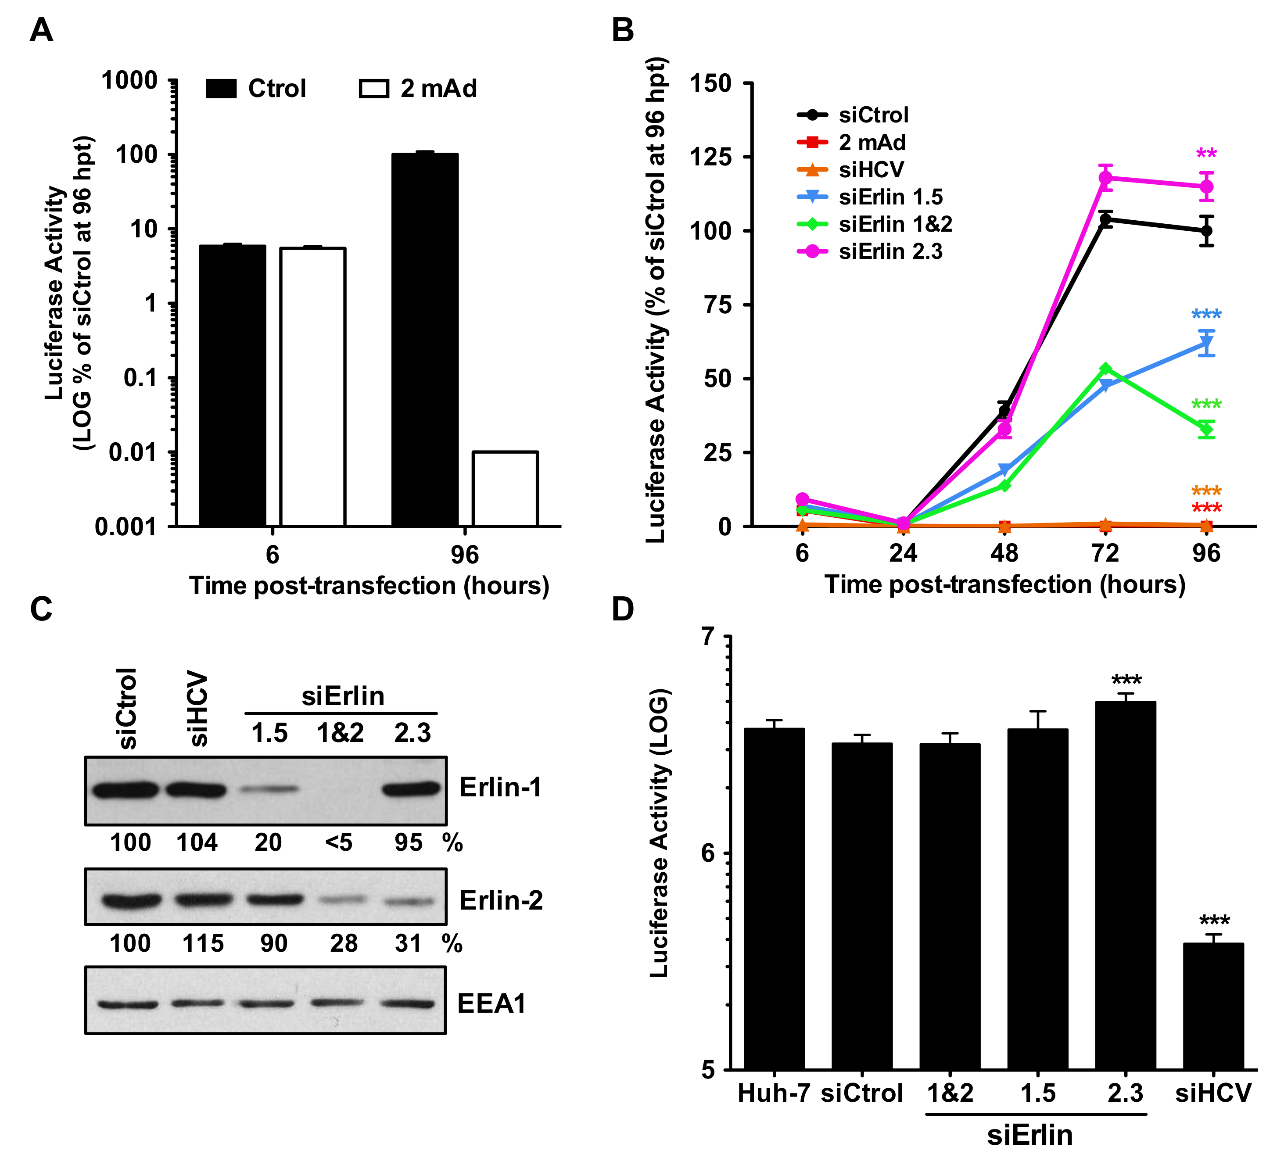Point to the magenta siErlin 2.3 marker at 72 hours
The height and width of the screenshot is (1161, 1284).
click(1106, 178)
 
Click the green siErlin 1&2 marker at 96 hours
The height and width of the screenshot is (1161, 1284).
click(1205, 429)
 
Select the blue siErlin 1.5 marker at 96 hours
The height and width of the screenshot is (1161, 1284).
click(1205, 344)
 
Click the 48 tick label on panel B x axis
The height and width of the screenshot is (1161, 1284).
click(1004, 553)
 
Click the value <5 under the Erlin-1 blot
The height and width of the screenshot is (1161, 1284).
click(338, 842)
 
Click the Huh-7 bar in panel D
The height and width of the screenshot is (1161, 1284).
click(774, 898)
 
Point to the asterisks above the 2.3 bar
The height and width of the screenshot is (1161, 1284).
click(1126, 680)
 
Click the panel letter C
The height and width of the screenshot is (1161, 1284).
click(41, 609)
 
